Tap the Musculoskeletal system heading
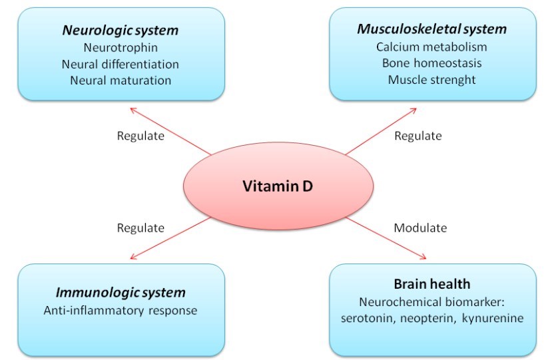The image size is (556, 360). pos(432,29)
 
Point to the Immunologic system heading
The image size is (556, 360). pos(121,292)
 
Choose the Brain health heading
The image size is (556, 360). pos(431,283)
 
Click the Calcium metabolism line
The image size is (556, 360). pos(431,47)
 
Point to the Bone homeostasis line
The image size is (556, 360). pos(431,64)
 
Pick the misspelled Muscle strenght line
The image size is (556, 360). pos(431,81)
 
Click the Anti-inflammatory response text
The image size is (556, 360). pos(121,310)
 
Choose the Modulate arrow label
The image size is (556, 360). pos(420,228)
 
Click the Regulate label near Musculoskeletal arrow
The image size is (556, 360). pos(418,136)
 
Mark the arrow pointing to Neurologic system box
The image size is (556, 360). pos(170,130)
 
